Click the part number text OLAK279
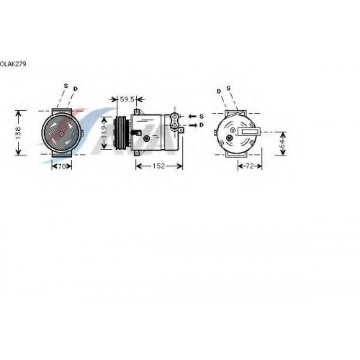click(13, 64)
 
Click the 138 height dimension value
click(18, 132)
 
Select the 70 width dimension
click(62, 166)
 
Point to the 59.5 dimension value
click(127, 99)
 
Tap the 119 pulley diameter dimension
click(104, 132)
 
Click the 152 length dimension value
click(159, 166)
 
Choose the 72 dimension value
click(250, 166)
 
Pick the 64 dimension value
click(283, 143)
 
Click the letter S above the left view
click(66, 86)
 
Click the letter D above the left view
click(76, 89)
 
